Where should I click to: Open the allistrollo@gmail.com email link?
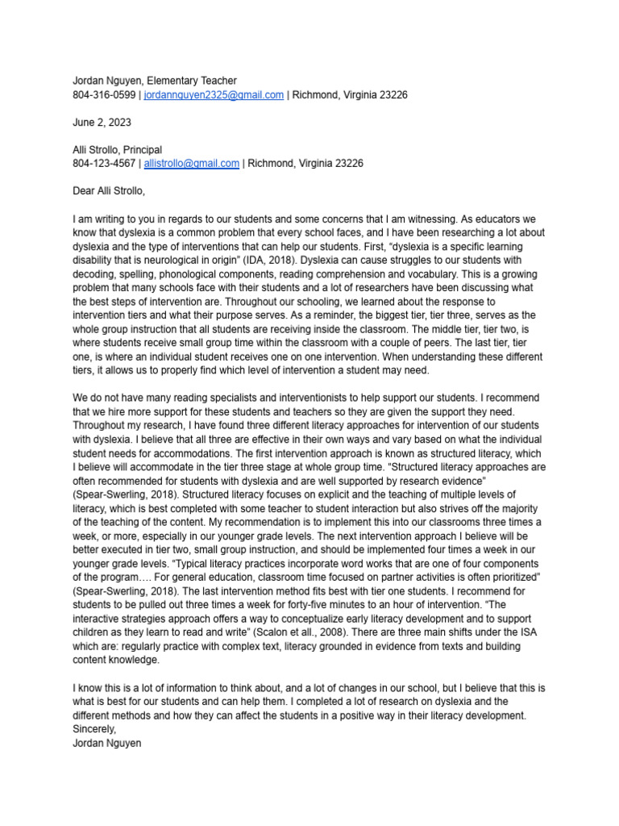(x=191, y=163)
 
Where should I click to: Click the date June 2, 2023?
(x=102, y=123)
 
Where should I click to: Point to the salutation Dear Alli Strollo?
(x=110, y=191)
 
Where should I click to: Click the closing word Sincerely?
(x=94, y=728)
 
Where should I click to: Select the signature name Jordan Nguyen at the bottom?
(x=106, y=742)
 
